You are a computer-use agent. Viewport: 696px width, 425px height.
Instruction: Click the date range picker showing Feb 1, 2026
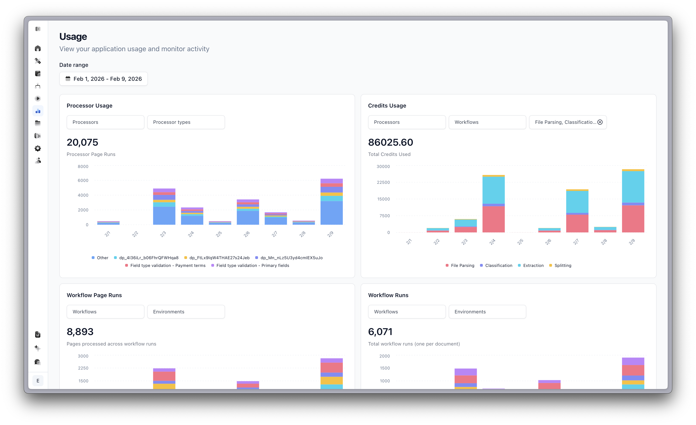103,79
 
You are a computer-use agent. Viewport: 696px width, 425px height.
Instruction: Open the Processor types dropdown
186,122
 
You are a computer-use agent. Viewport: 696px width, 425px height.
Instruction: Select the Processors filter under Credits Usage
407,122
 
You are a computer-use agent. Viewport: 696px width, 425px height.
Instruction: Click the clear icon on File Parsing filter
600,122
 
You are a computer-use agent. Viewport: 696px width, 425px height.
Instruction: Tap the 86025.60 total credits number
390,142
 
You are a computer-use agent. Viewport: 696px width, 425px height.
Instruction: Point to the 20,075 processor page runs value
82,142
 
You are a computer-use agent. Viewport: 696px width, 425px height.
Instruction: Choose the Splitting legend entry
560,265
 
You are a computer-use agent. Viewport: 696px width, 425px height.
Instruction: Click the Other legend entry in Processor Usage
100,257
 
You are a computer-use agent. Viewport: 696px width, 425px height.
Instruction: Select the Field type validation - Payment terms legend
165,265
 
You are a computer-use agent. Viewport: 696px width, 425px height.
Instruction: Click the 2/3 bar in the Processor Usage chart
164,207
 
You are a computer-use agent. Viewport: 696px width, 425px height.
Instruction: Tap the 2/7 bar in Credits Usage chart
577,211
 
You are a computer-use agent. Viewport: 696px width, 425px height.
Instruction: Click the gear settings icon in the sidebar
38,148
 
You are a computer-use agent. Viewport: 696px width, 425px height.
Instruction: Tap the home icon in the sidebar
38,48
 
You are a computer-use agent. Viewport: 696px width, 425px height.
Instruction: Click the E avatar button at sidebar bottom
38,381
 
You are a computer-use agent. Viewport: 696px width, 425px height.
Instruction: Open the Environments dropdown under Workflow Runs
487,311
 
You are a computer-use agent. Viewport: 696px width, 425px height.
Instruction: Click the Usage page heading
73,37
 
